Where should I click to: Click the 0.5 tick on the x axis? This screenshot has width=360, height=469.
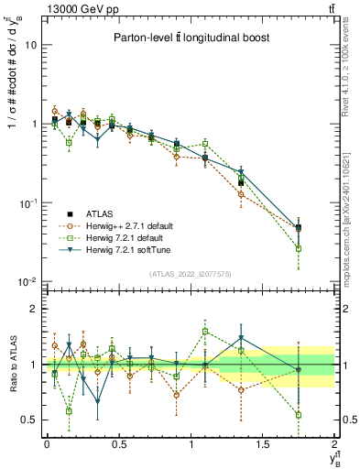119,444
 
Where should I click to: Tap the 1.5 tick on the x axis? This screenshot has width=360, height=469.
263,444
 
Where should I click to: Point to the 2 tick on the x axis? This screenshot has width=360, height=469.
335,444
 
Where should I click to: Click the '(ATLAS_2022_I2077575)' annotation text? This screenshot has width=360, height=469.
190,274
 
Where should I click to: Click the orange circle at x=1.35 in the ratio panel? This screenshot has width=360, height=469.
241,389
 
